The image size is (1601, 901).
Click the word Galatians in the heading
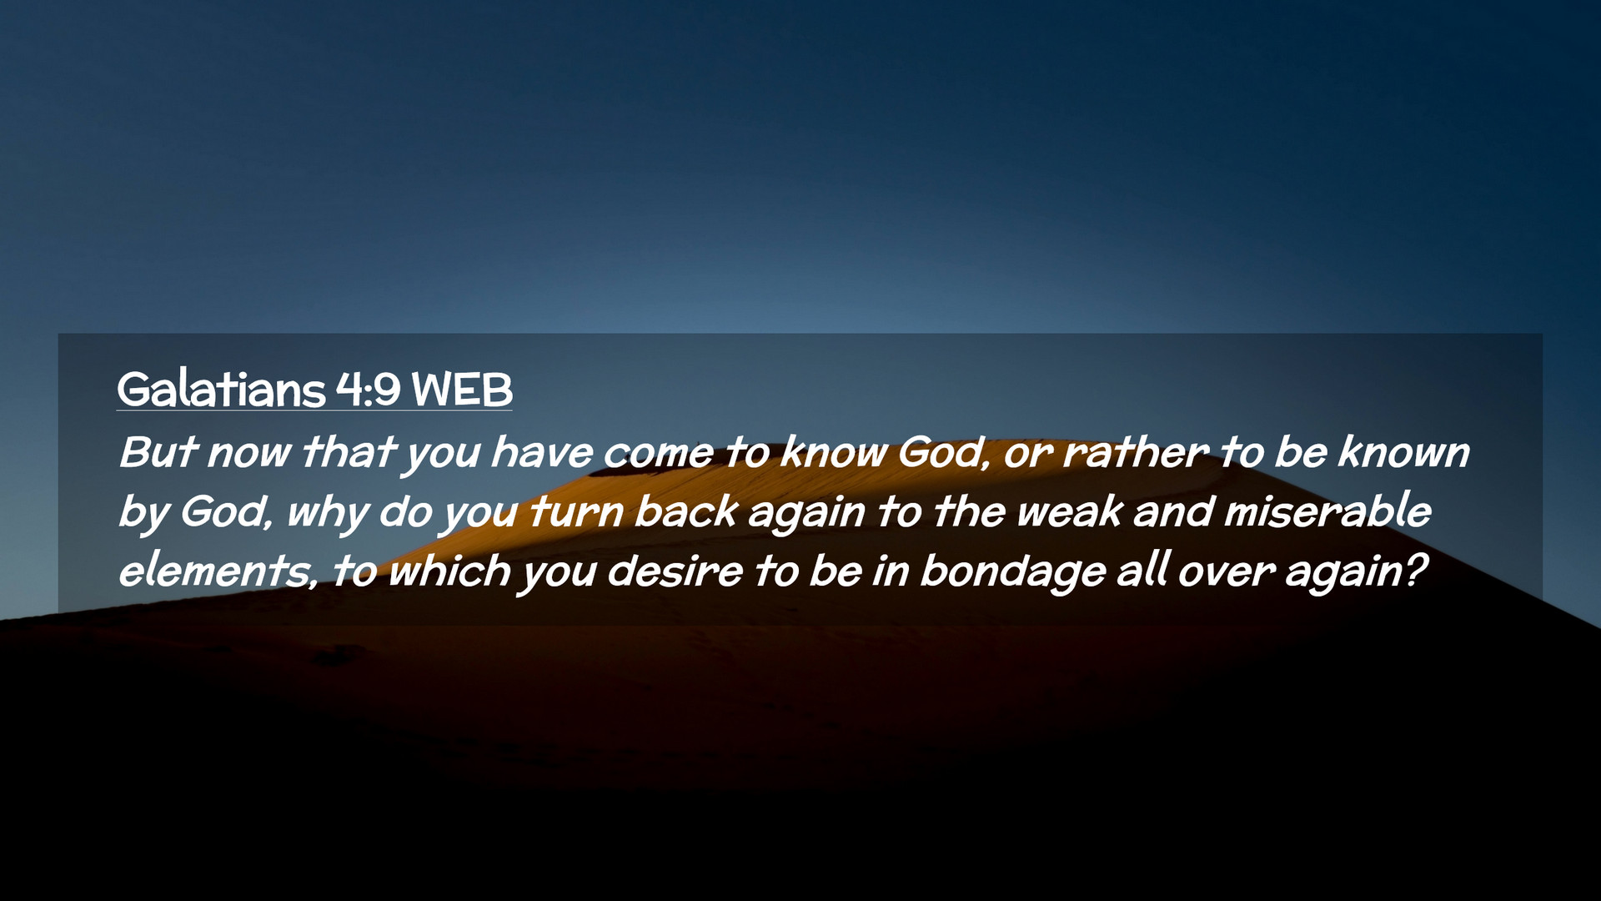pos(221,389)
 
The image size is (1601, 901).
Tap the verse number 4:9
pos(369,389)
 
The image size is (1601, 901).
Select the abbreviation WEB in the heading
pos(462,390)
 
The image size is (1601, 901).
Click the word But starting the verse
pos(158,452)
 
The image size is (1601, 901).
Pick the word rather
pos(1135,452)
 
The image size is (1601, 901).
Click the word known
pos(1404,452)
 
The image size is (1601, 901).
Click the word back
pos(686,511)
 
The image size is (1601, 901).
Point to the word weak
pos(1070,511)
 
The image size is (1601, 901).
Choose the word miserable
pos(1327,511)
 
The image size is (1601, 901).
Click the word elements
pos(218,571)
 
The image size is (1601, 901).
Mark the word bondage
pos(1013,573)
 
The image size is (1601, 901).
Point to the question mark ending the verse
pos(1417,571)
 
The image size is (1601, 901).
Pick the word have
pos(542,452)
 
